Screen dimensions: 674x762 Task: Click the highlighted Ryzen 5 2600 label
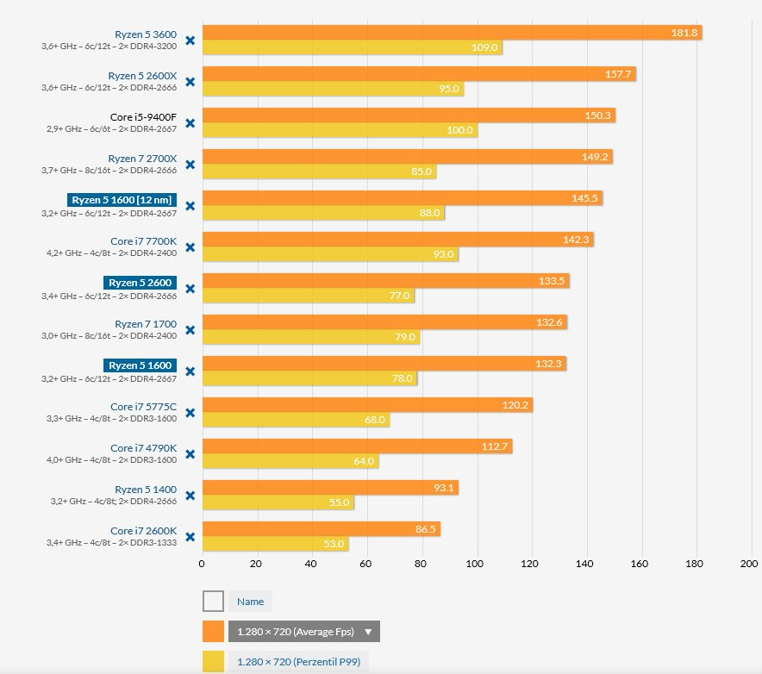tap(141, 283)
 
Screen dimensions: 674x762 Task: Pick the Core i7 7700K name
tap(143, 241)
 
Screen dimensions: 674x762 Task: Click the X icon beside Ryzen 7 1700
tap(190, 330)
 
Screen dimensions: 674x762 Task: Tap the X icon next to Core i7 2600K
tap(190, 537)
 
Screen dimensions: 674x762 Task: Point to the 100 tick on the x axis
tap(475, 564)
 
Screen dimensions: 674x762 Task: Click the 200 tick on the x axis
tap(748, 564)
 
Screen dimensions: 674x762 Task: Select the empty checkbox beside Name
tap(213, 602)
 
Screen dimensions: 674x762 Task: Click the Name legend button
tap(250, 602)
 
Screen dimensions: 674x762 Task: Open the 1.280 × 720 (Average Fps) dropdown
tap(303, 632)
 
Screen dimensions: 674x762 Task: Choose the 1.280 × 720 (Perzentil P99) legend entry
tap(298, 662)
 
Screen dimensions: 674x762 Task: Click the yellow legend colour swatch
tap(213, 662)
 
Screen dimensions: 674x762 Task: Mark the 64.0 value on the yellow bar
tap(364, 461)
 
